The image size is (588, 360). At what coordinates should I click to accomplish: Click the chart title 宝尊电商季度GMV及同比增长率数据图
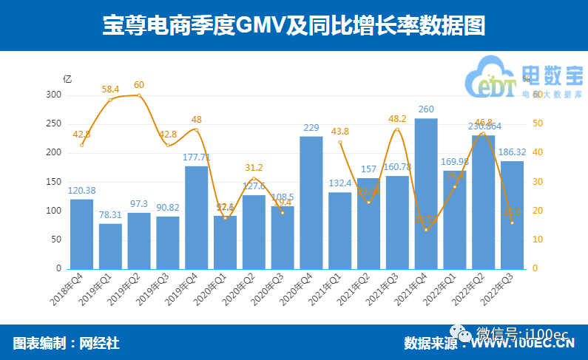tap(294, 26)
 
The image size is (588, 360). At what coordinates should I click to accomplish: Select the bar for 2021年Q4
tap(426, 194)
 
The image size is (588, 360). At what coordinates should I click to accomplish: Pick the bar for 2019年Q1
tap(110, 245)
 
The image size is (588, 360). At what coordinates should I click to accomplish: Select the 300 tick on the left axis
tap(54, 95)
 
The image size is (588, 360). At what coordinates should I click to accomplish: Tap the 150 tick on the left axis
tap(54, 182)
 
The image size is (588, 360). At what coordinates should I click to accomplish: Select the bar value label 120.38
tap(81, 190)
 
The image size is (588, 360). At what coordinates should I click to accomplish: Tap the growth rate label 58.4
tap(110, 89)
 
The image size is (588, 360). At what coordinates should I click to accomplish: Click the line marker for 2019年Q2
tap(139, 95)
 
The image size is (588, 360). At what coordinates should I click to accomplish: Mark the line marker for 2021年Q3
tap(397, 129)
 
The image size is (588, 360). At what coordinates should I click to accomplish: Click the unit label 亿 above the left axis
tap(67, 79)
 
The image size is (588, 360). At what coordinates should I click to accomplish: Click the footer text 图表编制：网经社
tap(67, 343)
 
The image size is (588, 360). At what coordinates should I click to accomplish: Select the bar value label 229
tap(311, 128)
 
